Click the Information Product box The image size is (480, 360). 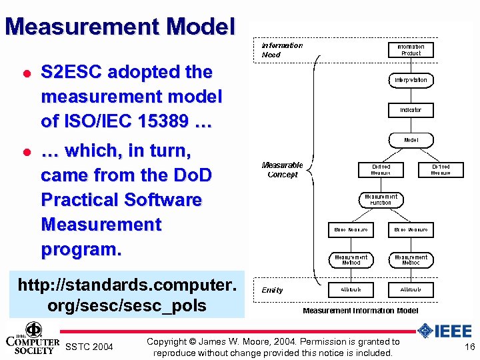(411, 50)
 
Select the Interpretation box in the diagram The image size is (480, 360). (411, 80)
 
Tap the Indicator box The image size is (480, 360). (411, 109)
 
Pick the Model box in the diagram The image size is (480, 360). (411, 140)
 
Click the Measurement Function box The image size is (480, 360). (381, 199)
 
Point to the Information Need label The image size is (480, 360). (282, 50)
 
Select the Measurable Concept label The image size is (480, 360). (283, 170)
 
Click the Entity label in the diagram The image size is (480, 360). (272, 290)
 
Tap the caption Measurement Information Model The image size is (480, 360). (361, 311)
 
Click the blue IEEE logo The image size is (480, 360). (445, 331)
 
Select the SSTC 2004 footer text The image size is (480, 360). (89, 347)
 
